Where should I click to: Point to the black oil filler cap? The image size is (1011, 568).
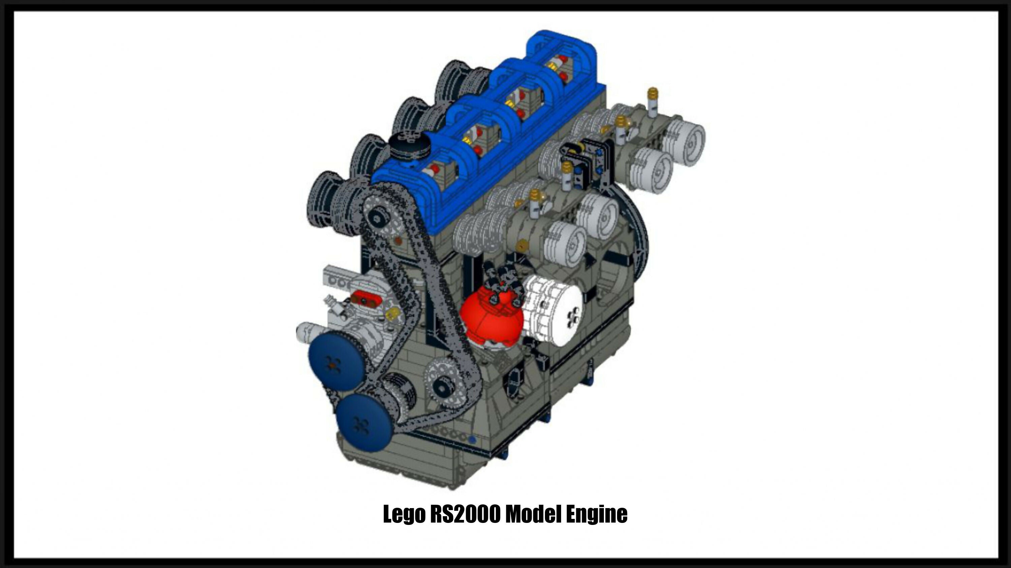click(410, 145)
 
